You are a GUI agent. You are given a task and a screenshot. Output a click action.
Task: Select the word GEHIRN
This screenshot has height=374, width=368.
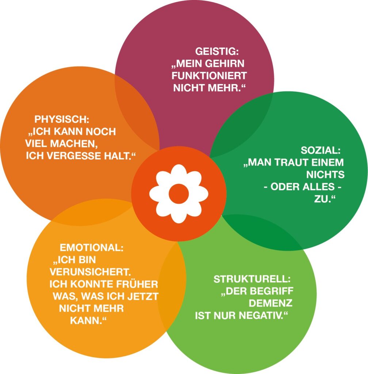click(x=225, y=64)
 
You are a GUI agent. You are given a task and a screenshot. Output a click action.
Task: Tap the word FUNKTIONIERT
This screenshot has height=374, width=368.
click(x=209, y=76)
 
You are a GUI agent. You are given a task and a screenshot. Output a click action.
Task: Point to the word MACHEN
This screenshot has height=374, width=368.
click(x=74, y=144)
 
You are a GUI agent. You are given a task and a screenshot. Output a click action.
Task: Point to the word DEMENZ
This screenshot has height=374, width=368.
click(x=271, y=303)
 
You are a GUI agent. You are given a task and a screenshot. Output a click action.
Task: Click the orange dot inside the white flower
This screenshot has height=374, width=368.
click(x=179, y=194)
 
